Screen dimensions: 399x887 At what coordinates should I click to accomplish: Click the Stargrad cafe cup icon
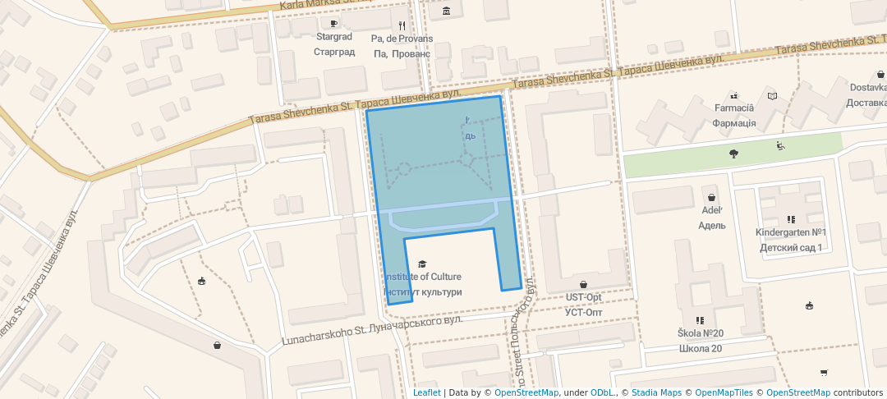pyautogui.click(x=334, y=24)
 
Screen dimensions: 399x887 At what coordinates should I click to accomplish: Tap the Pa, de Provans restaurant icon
pyautogui.click(x=402, y=25)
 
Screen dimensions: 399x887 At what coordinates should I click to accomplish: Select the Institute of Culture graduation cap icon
pyautogui.click(x=422, y=264)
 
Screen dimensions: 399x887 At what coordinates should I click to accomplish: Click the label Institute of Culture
pyautogui.click(x=423, y=277)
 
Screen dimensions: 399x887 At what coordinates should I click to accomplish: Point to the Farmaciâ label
pyautogui.click(x=733, y=108)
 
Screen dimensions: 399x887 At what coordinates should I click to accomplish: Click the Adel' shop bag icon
pyautogui.click(x=711, y=198)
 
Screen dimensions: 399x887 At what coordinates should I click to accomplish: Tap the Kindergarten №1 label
pyautogui.click(x=791, y=232)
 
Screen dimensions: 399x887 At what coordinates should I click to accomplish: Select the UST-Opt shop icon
pyautogui.click(x=584, y=285)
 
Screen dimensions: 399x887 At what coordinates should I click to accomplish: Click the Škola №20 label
pyautogui.click(x=700, y=333)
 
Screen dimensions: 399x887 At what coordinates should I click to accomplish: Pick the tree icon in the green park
pyautogui.click(x=733, y=154)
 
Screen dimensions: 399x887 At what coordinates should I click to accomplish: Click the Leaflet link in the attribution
pyautogui.click(x=426, y=392)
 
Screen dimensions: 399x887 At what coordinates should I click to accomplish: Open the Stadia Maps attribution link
pyautogui.click(x=656, y=392)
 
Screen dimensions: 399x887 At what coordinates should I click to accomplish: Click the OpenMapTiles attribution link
pyautogui.click(x=724, y=392)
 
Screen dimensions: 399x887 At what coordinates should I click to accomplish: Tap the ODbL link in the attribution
pyautogui.click(x=603, y=392)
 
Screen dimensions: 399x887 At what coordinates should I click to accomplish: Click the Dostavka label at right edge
pyautogui.click(x=867, y=88)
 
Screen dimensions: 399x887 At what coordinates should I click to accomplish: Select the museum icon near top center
pyautogui.click(x=446, y=11)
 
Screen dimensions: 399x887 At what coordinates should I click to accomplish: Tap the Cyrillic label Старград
pyautogui.click(x=334, y=52)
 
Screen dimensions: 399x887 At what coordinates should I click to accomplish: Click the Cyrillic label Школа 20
pyautogui.click(x=700, y=348)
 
